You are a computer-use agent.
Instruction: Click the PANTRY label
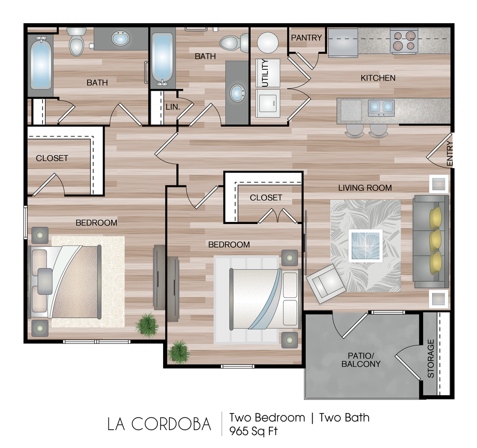[x=306, y=38]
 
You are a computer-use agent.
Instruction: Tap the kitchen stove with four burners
[x=404, y=41]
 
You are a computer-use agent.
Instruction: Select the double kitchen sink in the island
[x=381, y=108]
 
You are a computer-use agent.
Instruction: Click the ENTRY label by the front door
[x=450, y=153]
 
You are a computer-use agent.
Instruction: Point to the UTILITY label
[x=265, y=73]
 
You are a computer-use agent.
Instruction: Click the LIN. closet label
[x=173, y=107]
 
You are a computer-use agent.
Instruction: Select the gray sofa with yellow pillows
[x=431, y=241]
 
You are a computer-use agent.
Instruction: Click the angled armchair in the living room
[x=326, y=284]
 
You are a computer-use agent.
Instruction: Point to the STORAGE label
[x=431, y=359]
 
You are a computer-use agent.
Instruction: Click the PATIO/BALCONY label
[x=361, y=360]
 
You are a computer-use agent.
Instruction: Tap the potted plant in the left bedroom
[x=147, y=325]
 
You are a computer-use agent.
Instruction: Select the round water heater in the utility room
[x=268, y=43]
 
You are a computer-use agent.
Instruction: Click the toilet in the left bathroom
[x=76, y=41]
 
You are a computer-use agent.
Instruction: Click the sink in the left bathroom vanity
[x=120, y=39]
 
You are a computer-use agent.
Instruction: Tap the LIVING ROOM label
[x=365, y=188]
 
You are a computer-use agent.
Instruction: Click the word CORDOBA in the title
[x=171, y=424]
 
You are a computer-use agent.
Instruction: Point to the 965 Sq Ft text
[x=253, y=431]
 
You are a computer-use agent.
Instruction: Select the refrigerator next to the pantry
[x=343, y=43]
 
